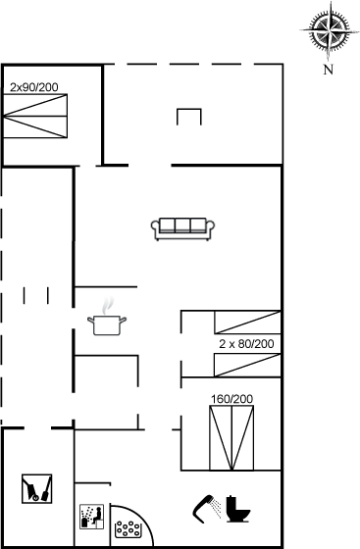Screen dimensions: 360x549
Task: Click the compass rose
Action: tap(330, 30)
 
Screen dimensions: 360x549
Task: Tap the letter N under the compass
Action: tap(329, 70)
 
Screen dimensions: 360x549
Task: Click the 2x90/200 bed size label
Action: tap(34, 87)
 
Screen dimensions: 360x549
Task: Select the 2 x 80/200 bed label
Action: tap(246, 344)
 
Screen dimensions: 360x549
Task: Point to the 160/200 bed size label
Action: tap(231, 399)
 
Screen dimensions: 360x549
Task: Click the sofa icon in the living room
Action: tap(182, 229)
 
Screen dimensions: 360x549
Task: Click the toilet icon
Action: tap(237, 509)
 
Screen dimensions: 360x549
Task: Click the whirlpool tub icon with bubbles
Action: tap(128, 529)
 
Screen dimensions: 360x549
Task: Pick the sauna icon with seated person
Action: tap(92, 517)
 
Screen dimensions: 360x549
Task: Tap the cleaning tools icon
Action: tap(36, 489)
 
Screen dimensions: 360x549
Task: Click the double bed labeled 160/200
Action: tap(231, 437)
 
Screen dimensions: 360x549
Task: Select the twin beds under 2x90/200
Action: tap(34, 116)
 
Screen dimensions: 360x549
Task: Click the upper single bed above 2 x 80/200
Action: tap(247, 323)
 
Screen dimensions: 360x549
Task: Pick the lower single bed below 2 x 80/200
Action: tap(247, 365)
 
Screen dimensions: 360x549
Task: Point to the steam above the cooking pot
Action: tap(108, 306)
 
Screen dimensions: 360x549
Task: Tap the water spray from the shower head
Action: tap(217, 509)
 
